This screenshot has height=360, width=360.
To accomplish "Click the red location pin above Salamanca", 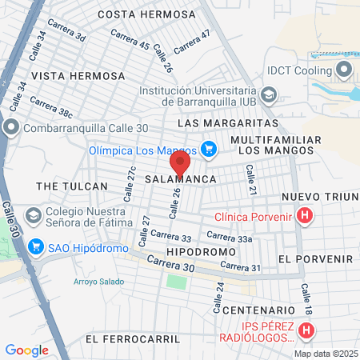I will pyautogui.click(x=180, y=162).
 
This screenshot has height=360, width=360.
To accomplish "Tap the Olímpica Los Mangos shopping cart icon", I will pyautogui.click(x=209, y=148).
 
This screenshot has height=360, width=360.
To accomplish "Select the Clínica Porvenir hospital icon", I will pyautogui.click(x=304, y=215).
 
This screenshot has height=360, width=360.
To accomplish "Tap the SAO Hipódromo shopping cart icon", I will pyautogui.click(x=35, y=247).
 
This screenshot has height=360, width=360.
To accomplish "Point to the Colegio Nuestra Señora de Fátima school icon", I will pyautogui.click(x=34, y=215).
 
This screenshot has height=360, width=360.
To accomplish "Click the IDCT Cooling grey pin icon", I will pyautogui.click(x=344, y=70).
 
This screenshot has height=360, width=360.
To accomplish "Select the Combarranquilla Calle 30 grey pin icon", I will pyautogui.click(x=11, y=127).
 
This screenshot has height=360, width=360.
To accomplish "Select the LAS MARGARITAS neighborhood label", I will pyautogui.click(x=227, y=124).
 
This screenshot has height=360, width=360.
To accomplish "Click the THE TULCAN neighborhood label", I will pyautogui.click(x=72, y=186).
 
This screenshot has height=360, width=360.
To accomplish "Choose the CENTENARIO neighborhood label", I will pyautogui.click(x=254, y=310).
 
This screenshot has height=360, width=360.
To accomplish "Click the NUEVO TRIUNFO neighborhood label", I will pyautogui.click(x=320, y=198).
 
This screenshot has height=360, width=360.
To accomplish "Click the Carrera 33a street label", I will pyautogui.click(x=230, y=237).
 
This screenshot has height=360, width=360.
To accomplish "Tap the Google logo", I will pyautogui.click(x=26, y=350).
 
